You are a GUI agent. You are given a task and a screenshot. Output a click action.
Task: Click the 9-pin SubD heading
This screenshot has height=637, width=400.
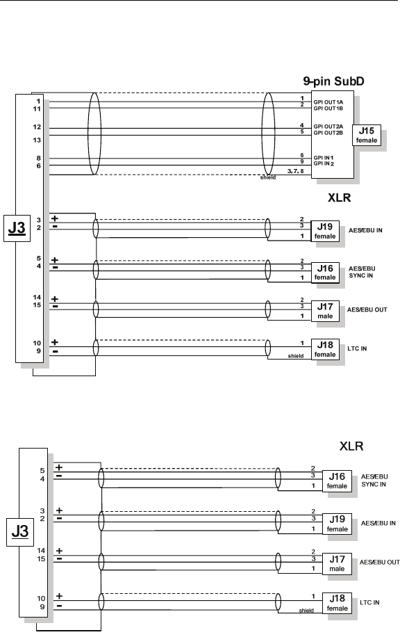[333, 81]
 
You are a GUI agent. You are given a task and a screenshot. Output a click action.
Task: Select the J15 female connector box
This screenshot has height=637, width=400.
[367, 135]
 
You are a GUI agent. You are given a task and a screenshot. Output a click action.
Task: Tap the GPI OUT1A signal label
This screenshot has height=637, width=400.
[328, 102]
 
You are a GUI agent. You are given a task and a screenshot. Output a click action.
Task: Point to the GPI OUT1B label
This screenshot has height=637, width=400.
[328, 108]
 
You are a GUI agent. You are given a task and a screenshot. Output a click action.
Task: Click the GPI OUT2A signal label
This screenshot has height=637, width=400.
[328, 127]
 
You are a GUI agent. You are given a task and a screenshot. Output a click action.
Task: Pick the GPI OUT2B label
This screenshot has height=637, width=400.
[328, 133]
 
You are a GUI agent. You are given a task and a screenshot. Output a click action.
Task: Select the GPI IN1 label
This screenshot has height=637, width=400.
[324, 158]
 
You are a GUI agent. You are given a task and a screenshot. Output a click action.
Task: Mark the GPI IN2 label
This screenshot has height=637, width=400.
[324, 163]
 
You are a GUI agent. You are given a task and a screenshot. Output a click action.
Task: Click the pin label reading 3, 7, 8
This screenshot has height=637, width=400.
[295, 171]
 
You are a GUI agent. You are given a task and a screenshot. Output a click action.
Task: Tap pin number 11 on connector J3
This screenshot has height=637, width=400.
[37, 109]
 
